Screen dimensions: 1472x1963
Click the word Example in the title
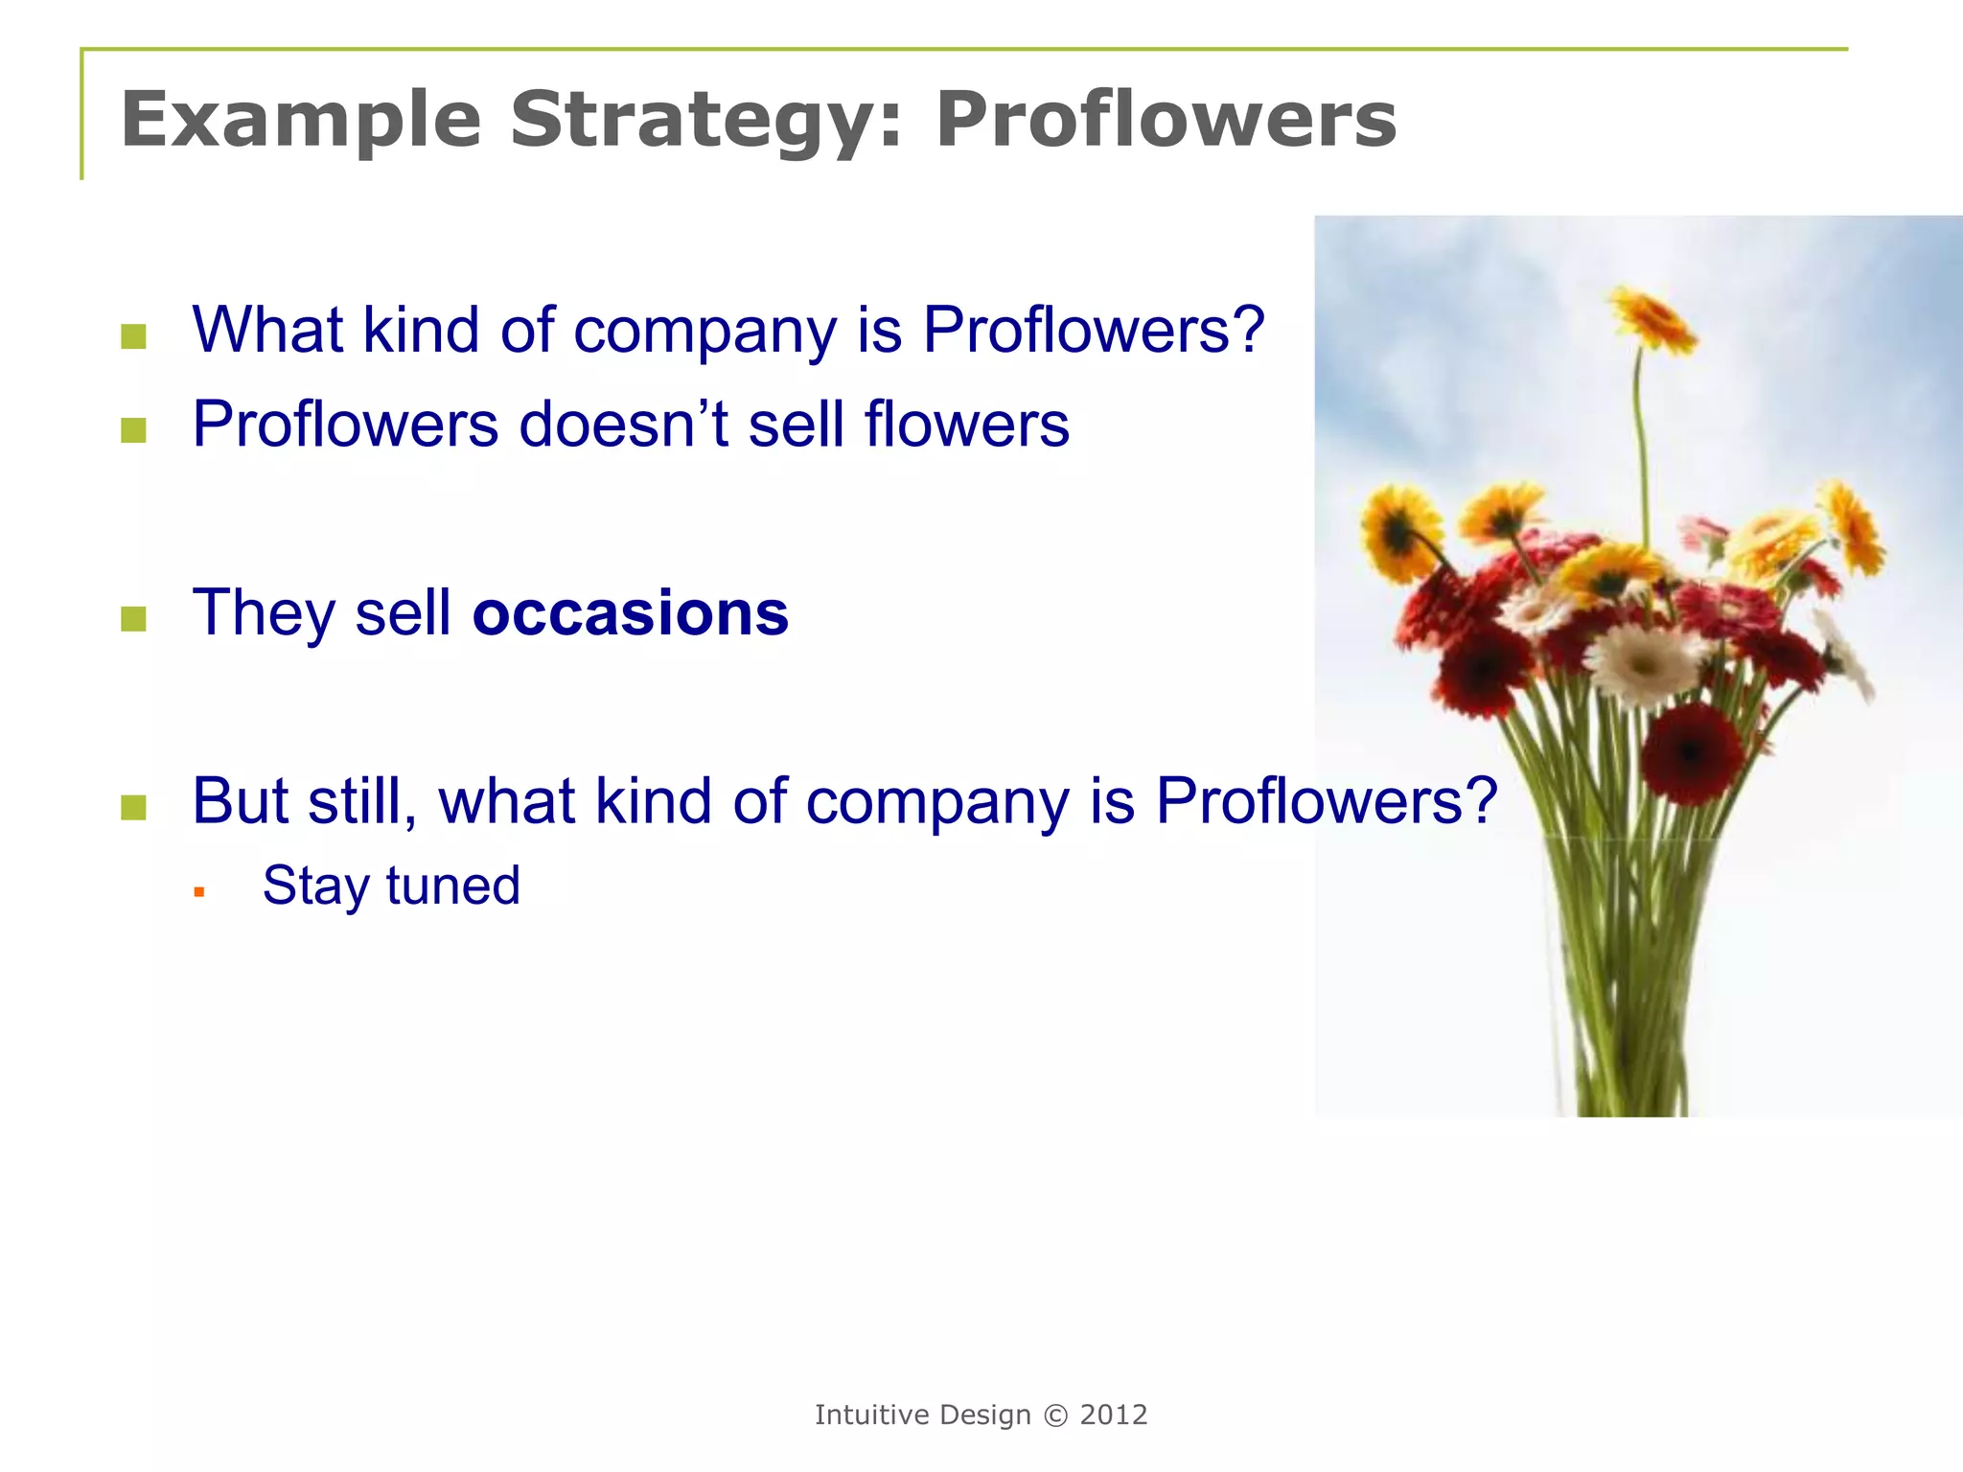[x=300, y=120]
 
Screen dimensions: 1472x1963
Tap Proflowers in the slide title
[x=1166, y=120]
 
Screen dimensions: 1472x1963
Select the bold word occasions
[x=630, y=613]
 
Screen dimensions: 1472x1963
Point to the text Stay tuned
[x=391, y=885]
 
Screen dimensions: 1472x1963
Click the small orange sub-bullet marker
[x=199, y=892]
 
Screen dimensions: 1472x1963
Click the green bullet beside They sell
[x=134, y=619]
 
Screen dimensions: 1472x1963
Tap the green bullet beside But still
[x=134, y=807]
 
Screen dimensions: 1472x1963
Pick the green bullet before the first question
[x=134, y=336]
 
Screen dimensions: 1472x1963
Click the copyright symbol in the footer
[x=1054, y=1415]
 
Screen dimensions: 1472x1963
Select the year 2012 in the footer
[x=1113, y=1415]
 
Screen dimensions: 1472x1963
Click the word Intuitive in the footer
[x=871, y=1415]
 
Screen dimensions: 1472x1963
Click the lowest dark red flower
[x=1690, y=754]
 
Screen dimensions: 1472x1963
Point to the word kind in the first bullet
[x=421, y=331]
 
